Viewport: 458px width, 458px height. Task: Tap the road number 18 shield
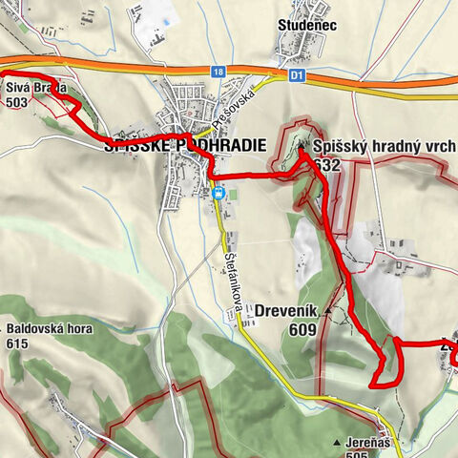[x=219, y=72]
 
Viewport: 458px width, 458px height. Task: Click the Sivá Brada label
[x=35, y=89]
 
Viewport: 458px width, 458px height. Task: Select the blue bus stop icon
[x=219, y=193]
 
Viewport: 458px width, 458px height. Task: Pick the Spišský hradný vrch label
[x=384, y=146]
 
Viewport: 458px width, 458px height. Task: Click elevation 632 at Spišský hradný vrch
[x=327, y=164]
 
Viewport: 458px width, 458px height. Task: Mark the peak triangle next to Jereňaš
[x=338, y=444]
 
